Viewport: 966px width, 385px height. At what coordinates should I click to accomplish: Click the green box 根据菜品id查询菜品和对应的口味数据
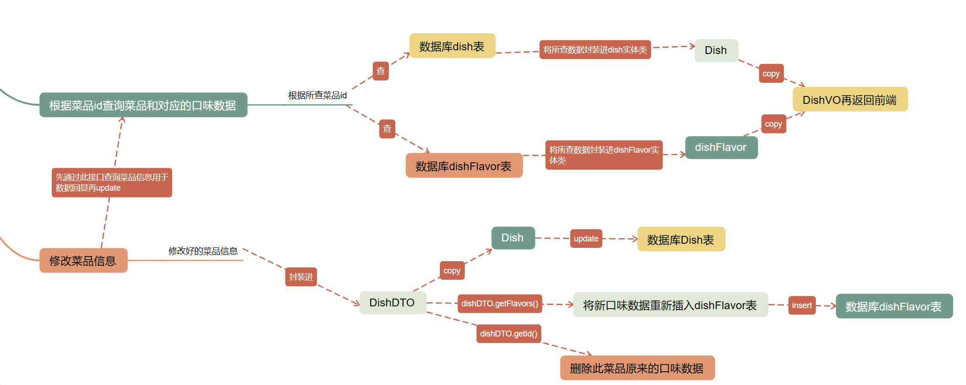point(143,105)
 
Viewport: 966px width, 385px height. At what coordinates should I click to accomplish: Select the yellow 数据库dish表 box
point(452,46)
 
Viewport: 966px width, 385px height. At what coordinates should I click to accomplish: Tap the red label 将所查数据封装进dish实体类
point(595,49)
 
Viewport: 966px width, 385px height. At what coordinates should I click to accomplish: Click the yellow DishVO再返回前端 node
point(850,100)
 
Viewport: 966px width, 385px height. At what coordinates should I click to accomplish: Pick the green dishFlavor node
point(721,147)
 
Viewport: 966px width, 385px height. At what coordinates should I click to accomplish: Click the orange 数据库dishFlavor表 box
point(464,166)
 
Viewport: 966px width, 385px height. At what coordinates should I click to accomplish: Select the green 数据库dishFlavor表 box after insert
point(894,306)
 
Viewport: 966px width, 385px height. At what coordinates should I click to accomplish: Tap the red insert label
point(802,305)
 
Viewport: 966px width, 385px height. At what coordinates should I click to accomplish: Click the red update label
point(586,238)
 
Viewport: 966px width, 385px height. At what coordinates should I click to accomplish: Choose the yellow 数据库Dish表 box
point(681,239)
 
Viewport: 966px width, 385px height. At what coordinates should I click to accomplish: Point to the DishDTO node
point(392,303)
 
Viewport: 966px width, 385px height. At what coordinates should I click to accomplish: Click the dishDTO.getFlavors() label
point(500,304)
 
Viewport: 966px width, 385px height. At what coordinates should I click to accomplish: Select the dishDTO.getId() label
point(508,334)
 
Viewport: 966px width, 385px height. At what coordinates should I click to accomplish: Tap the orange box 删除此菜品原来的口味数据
point(637,368)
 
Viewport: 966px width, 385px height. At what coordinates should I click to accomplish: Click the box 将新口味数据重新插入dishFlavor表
point(670,305)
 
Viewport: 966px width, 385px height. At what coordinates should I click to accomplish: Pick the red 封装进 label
point(301,277)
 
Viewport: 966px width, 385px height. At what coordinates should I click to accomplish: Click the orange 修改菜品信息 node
point(83,261)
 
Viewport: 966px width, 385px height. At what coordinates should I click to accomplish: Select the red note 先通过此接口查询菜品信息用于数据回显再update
point(112,182)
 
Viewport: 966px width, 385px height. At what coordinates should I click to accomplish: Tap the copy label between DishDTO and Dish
point(452,271)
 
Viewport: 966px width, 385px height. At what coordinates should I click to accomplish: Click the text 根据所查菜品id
point(317,95)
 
